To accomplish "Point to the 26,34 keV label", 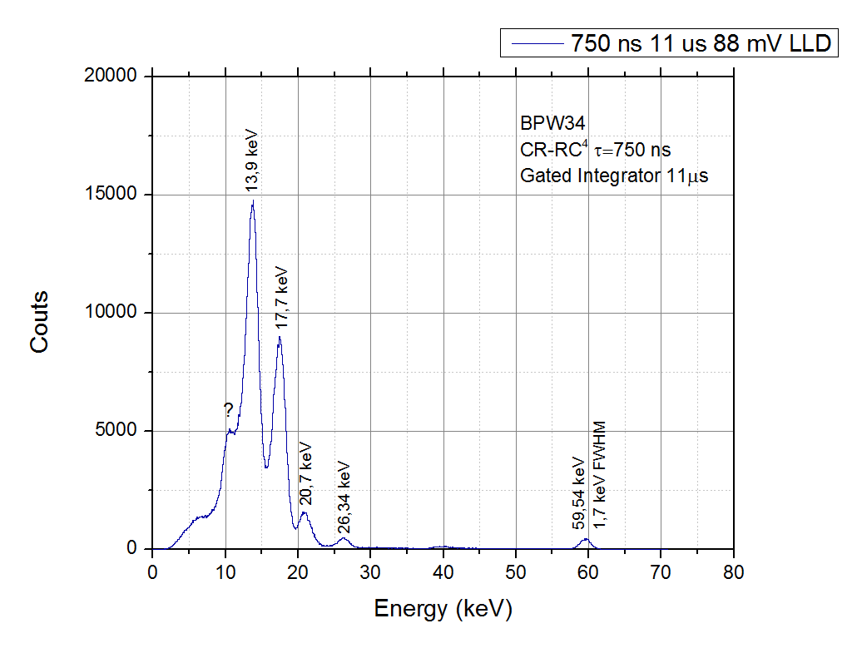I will [344, 497].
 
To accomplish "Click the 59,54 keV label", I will [579, 492].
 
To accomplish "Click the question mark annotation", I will [228, 409].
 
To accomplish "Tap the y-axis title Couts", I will [40, 321].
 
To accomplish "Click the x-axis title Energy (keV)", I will [443, 610].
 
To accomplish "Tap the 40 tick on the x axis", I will [443, 571].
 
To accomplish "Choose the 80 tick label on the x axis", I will [733, 571].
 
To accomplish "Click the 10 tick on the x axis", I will [225, 571].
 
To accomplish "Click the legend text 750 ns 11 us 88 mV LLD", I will [701, 43].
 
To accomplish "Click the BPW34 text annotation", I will [546, 124].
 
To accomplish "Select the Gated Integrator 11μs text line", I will [614, 176].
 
